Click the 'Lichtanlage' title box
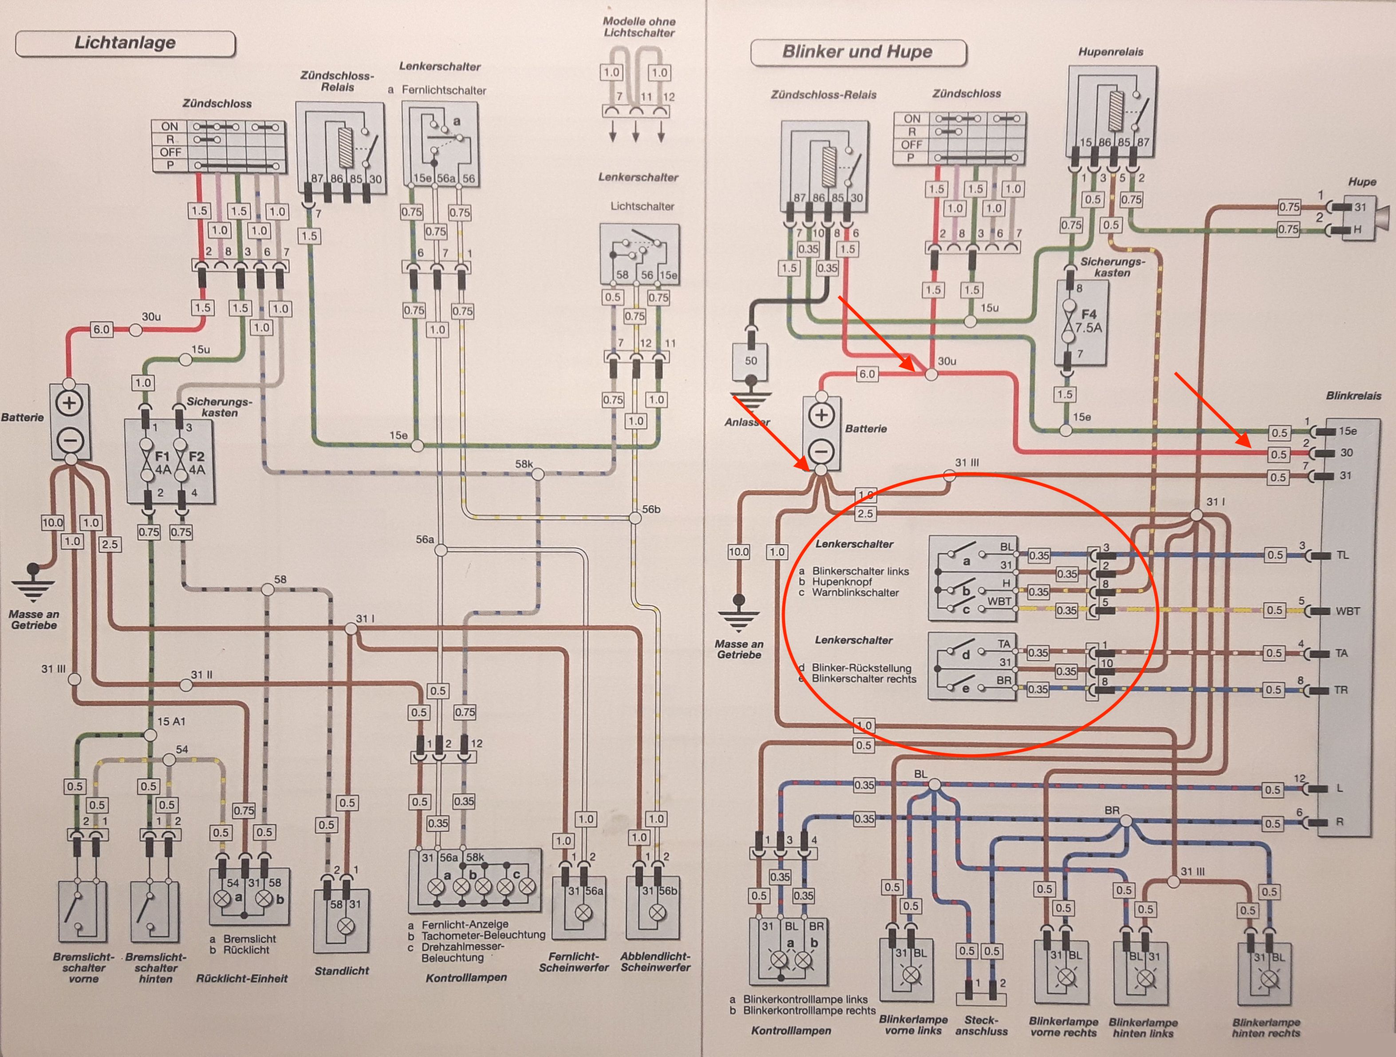(125, 44)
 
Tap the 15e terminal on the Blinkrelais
(1347, 431)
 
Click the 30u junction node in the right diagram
(931, 374)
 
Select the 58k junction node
(538, 474)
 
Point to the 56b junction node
(635, 518)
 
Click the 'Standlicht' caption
(341, 970)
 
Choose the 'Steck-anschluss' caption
(982, 1025)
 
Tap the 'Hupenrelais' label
(1111, 52)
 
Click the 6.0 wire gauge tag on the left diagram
(101, 329)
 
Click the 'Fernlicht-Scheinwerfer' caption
(574, 962)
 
